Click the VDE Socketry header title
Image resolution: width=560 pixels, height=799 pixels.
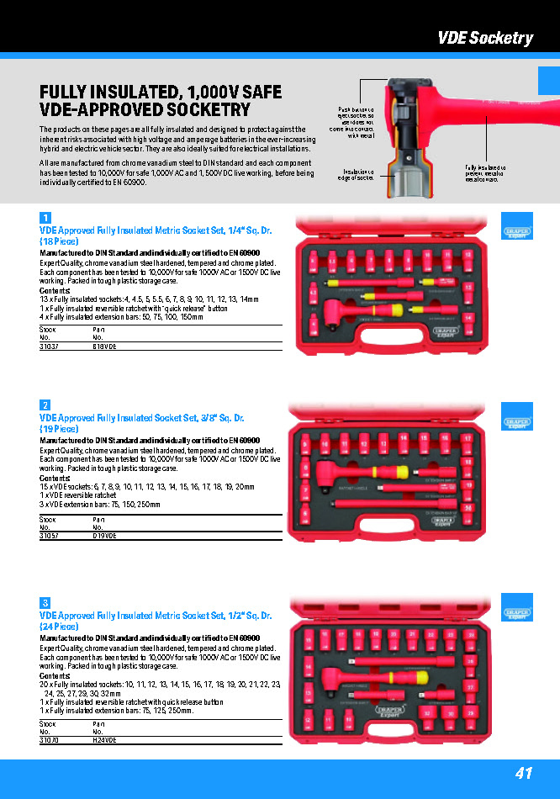click(x=484, y=38)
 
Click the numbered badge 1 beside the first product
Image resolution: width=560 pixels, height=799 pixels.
click(x=45, y=218)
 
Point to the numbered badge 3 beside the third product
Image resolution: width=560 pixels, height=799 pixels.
click(x=45, y=603)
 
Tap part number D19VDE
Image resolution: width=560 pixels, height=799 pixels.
click(x=104, y=536)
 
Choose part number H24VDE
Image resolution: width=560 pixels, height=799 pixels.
click(x=104, y=740)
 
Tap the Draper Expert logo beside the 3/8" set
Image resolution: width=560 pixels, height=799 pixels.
click(x=518, y=422)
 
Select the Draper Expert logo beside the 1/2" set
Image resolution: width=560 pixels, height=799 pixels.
click(x=518, y=613)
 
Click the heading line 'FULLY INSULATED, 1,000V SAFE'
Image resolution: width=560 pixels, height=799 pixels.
click(x=161, y=93)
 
